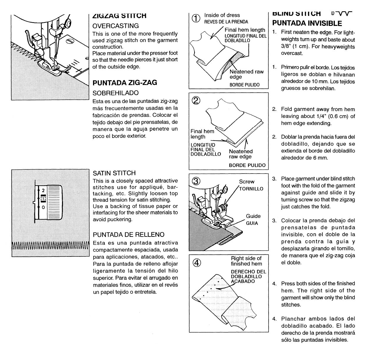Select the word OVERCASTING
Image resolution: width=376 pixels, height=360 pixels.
pyautogui.click(x=116, y=26)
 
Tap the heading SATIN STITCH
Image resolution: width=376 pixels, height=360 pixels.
pyautogui.click(x=114, y=173)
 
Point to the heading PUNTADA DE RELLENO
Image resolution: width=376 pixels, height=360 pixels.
pyautogui.click(x=129, y=235)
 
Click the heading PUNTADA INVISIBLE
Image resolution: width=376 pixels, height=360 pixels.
pyautogui.click(x=307, y=23)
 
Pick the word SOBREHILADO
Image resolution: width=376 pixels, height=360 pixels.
pyautogui.click(x=116, y=93)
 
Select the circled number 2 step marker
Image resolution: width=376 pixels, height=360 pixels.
pyautogui.click(x=195, y=100)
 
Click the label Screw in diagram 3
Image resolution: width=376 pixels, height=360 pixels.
pyautogui.click(x=247, y=182)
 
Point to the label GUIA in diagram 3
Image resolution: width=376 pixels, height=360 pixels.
pyautogui.click(x=252, y=223)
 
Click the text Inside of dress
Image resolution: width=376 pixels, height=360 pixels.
pyautogui.click(x=222, y=15)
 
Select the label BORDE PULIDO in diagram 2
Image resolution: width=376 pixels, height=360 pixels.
pyautogui.click(x=247, y=165)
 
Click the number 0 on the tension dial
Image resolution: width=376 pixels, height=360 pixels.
pyautogui.click(x=43, y=207)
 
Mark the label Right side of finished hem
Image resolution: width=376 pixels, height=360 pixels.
pyautogui.click(x=246, y=261)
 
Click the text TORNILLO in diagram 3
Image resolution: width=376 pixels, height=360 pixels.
pyautogui.click(x=251, y=189)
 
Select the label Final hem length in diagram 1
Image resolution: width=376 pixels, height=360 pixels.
pyautogui.click(x=245, y=30)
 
